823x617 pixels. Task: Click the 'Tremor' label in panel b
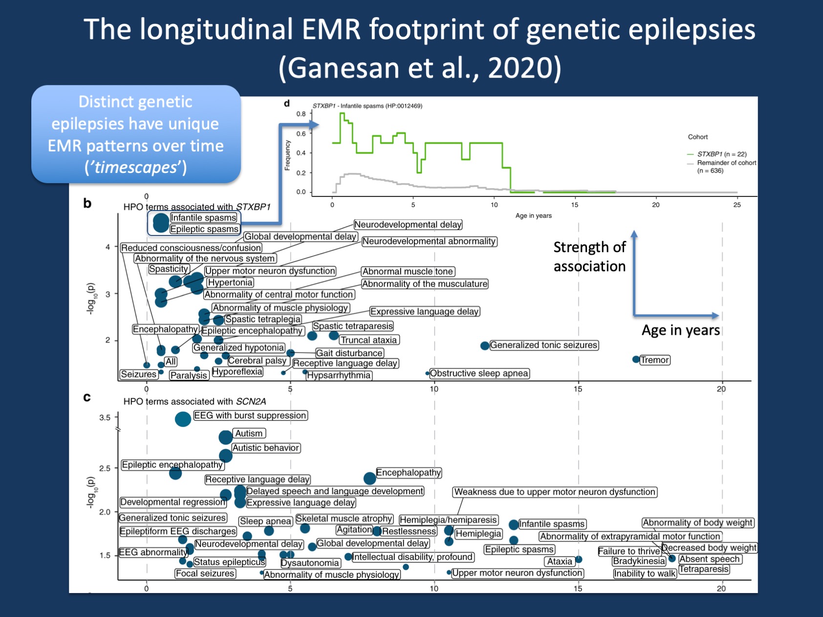click(x=655, y=360)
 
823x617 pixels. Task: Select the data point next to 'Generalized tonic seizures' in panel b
click(x=484, y=346)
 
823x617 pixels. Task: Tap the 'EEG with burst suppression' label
click(x=250, y=416)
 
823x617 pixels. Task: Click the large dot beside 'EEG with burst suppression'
click(x=183, y=419)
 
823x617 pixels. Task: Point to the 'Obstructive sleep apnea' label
click(x=479, y=373)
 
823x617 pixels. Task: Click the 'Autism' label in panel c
click(x=249, y=433)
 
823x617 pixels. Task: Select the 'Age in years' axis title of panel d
click(x=533, y=215)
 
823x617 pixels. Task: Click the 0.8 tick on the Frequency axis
click(x=301, y=114)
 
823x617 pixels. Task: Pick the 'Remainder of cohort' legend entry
click(x=726, y=163)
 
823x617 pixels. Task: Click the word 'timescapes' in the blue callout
click(x=135, y=168)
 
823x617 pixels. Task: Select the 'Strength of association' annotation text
click(x=589, y=256)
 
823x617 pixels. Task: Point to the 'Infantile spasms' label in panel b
click(x=203, y=218)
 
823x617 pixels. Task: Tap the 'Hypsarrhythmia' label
click(x=339, y=375)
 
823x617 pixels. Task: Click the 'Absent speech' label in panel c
click(x=709, y=559)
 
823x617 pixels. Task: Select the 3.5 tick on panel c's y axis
click(x=105, y=418)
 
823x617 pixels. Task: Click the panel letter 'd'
click(x=287, y=104)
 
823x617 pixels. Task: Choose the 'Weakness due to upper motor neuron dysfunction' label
click(x=555, y=492)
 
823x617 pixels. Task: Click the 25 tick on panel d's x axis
click(x=736, y=205)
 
